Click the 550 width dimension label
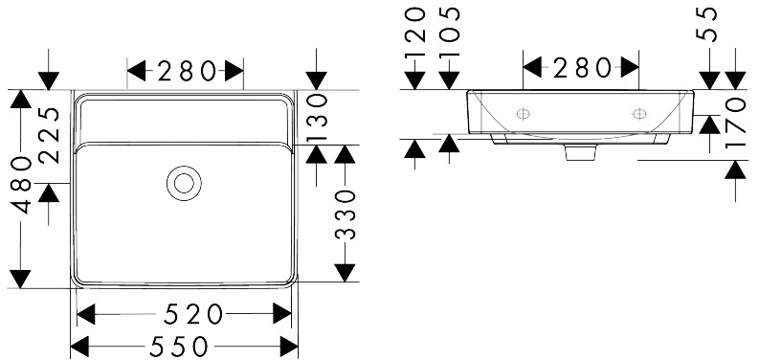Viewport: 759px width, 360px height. coord(178,347)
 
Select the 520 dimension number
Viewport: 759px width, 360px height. coord(193,315)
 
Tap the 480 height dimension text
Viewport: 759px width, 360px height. coord(21,185)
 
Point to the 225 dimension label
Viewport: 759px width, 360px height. coord(50,135)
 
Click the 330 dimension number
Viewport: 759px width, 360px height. coord(346,215)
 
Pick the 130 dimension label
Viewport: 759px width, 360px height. coord(317,117)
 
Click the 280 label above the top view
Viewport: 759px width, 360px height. coord(186,71)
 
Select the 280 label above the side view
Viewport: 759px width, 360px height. coord(582,67)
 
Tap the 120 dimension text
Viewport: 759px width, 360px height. coord(415,32)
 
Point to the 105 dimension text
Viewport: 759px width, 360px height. coord(450,32)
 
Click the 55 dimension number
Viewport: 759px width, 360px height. coord(709,25)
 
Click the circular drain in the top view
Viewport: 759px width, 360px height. coord(184,183)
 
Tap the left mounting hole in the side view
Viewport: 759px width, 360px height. coord(523,114)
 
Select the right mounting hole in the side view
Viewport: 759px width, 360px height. coord(639,114)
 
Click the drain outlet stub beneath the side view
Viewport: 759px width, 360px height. coord(580,152)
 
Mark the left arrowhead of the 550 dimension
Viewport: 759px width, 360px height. coord(79,347)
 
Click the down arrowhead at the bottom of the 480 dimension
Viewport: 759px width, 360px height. coord(20,279)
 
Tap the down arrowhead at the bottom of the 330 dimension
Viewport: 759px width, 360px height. coord(345,273)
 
